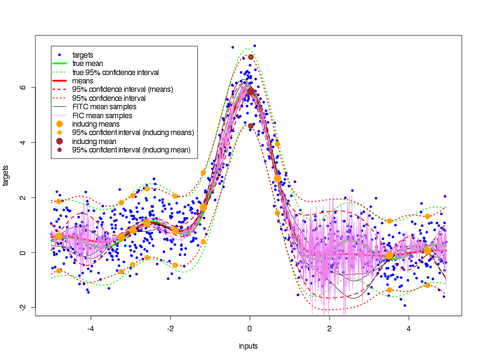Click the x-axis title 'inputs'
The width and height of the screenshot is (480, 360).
(248, 346)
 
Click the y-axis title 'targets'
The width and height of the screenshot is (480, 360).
(7, 175)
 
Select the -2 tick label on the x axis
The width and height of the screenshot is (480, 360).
(170, 328)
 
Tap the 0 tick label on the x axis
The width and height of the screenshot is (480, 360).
(250, 328)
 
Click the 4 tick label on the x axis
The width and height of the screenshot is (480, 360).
(409, 328)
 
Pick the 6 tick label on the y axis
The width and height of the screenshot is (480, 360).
(23, 87)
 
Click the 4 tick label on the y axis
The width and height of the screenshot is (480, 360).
(23, 142)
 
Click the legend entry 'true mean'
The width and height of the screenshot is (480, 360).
(87, 64)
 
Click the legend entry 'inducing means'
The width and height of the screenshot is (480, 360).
(95, 124)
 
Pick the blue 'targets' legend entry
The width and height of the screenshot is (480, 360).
(83, 55)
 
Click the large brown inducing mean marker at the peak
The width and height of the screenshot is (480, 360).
(251, 92)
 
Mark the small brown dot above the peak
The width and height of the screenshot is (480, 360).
(251, 57)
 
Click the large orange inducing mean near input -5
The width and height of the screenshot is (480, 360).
(59, 236)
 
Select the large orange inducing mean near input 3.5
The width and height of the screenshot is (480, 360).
(389, 256)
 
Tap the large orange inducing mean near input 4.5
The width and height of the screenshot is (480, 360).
(427, 251)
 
